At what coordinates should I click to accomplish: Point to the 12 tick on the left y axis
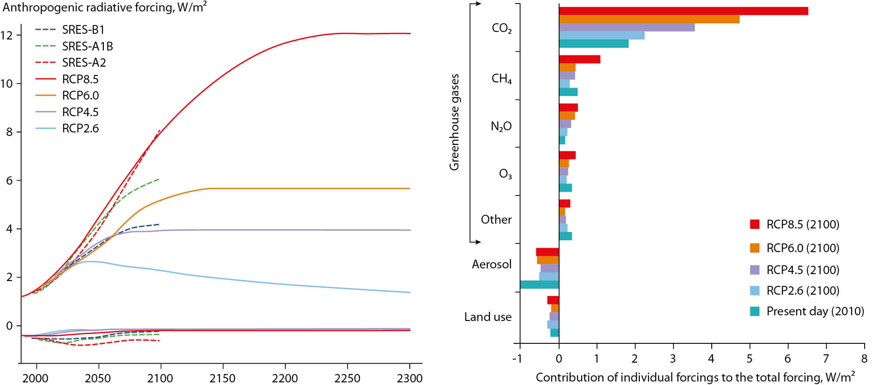(x=7, y=35)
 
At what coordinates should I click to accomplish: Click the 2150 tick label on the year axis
(x=223, y=378)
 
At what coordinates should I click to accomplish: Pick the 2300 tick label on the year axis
(x=409, y=378)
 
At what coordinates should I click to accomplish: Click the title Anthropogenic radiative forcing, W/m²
(x=104, y=7)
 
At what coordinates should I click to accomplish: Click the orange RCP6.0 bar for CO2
(x=649, y=19)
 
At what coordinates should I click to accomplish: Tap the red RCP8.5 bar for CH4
(x=579, y=59)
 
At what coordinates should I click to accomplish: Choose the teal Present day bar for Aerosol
(x=539, y=285)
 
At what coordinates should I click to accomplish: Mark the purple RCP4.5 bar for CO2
(x=626, y=27)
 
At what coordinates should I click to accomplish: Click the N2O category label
(x=501, y=127)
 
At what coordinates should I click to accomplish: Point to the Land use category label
(x=488, y=317)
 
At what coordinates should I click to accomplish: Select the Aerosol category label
(x=491, y=264)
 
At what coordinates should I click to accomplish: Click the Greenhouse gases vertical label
(x=454, y=122)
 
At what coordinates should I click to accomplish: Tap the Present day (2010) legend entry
(x=815, y=311)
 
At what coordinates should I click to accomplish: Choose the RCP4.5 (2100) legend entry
(x=802, y=270)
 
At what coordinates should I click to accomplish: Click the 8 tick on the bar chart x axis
(x=864, y=359)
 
